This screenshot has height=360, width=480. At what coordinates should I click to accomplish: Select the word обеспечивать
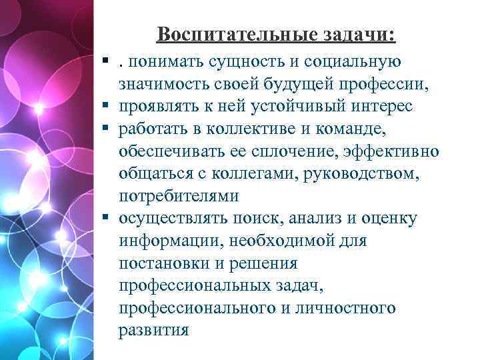(x=170, y=151)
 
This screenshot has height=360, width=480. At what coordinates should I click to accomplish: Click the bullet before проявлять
(x=107, y=107)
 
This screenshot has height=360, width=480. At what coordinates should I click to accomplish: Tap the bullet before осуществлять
(x=107, y=219)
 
